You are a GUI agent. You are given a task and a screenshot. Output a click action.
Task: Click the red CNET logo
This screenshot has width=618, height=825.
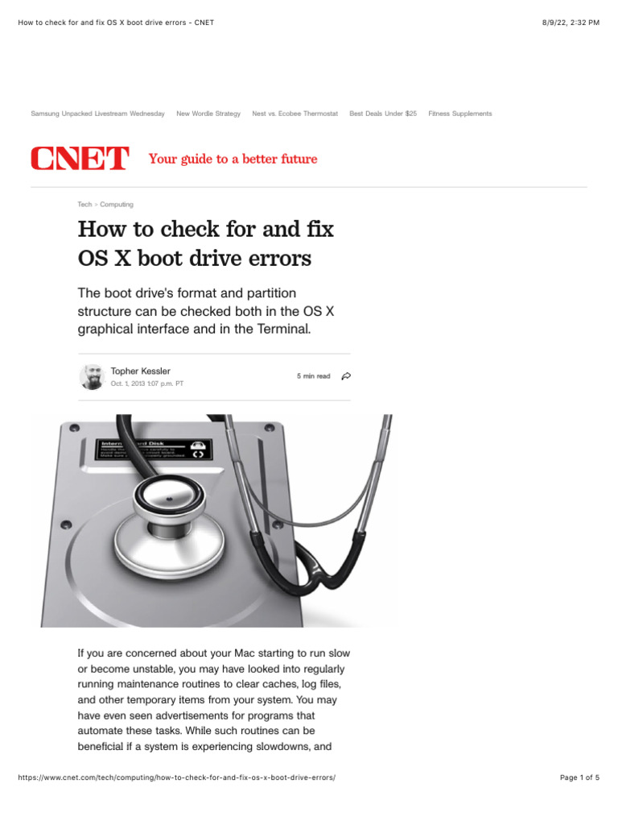pos(79,160)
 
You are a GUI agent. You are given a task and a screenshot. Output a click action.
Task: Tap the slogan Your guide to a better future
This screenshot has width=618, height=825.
pos(233,159)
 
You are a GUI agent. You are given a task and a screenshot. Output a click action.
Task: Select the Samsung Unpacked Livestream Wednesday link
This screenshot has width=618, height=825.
pos(97,114)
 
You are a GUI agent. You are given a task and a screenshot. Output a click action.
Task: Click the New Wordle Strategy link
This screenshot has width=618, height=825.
pos(208,114)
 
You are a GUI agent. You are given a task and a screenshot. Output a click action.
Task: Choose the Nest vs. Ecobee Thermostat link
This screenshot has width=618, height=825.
pos(295,114)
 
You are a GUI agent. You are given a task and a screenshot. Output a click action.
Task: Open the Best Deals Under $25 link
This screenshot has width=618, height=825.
pos(383,114)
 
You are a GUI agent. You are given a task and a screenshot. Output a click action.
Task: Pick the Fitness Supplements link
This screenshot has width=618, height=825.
pos(459,114)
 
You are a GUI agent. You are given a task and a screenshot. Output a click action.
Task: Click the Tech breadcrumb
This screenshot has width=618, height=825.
pos(84,205)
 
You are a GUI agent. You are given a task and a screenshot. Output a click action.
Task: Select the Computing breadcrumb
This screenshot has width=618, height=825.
pos(117,205)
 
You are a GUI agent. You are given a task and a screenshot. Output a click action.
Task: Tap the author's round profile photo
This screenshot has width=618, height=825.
pos(92,376)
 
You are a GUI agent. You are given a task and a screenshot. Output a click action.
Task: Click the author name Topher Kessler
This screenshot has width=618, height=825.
pos(140,371)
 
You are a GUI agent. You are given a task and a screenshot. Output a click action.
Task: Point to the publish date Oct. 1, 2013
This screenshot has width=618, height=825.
pos(146,383)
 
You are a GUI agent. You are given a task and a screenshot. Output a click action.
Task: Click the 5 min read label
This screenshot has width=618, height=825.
pos(313,376)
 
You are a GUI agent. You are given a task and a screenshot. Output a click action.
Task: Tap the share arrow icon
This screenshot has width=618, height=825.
pos(346,376)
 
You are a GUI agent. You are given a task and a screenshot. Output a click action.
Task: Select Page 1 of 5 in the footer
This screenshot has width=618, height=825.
pos(579,777)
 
